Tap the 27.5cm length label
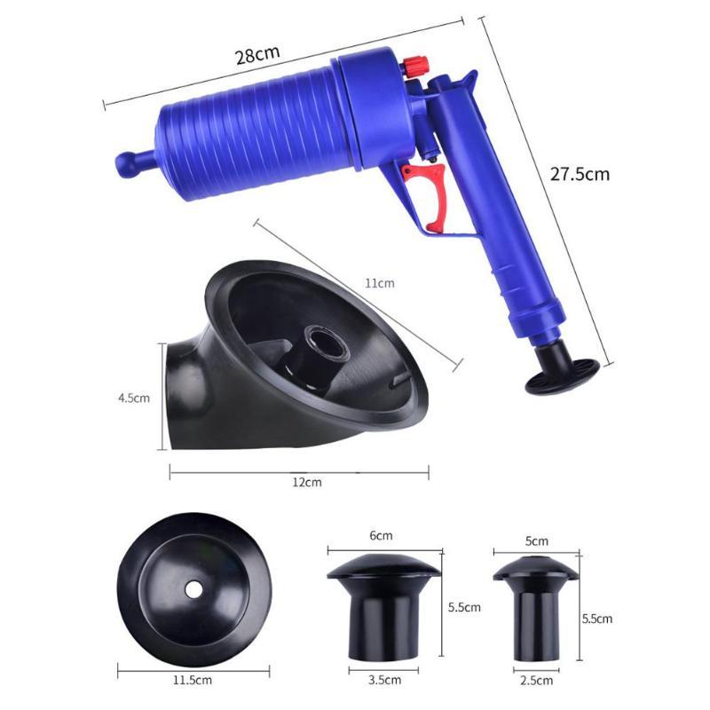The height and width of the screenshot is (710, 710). tap(579, 174)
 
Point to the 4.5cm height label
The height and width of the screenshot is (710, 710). tap(133, 398)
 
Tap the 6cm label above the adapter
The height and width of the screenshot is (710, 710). tap(382, 536)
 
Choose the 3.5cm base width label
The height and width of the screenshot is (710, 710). tap(382, 681)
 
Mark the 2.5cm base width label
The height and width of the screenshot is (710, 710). tap(536, 681)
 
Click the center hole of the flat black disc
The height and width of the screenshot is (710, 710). tap(190, 589)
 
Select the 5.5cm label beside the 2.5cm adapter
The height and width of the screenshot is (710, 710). tap(595, 618)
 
